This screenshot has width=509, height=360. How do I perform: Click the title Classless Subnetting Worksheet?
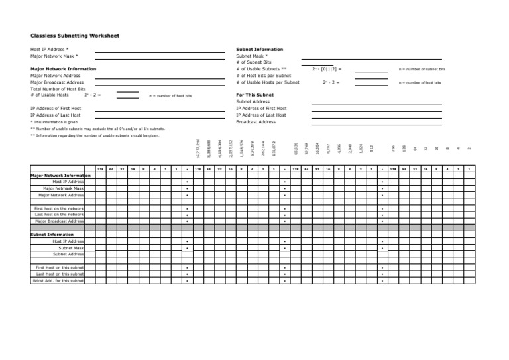pyautogui.click(x=75, y=36)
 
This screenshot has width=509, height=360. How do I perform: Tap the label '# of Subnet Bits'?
pyautogui.click(x=254, y=62)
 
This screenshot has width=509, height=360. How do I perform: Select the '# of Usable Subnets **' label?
pyautogui.click(x=261, y=69)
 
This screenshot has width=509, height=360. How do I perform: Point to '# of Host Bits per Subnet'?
pyautogui.click(x=263, y=76)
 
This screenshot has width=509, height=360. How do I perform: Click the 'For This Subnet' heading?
pyautogui.click(x=254, y=95)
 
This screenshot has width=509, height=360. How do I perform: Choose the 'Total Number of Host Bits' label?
pyautogui.click(x=58, y=89)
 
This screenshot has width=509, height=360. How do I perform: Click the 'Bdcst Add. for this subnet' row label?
pyautogui.click(x=58, y=280)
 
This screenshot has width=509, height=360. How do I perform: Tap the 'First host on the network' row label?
pyautogui.click(x=59, y=208)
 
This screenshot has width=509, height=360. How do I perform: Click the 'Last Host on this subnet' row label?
pyautogui.click(x=60, y=274)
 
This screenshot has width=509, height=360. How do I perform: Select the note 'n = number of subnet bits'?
pyautogui.click(x=422, y=69)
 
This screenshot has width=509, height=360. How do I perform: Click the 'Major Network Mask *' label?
pyautogui.click(x=54, y=56)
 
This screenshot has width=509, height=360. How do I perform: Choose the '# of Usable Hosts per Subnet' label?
pyautogui.click(x=268, y=82)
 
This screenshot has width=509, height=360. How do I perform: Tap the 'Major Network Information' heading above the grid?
pyautogui.click(x=60, y=176)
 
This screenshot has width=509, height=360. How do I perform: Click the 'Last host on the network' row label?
pyautogui.click(x=59, y=215)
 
